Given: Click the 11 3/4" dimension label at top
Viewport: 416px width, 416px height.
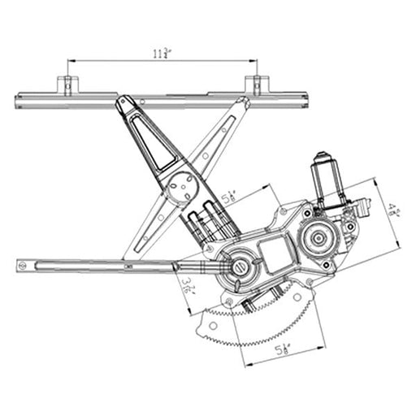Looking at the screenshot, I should point(161,54).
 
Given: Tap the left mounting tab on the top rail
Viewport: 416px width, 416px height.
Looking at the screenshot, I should point(66,85).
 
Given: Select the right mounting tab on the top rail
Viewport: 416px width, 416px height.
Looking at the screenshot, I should point(255,85).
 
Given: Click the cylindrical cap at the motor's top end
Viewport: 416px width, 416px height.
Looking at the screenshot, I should point(323,158).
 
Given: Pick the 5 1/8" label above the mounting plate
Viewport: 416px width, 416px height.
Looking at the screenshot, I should point(230,194).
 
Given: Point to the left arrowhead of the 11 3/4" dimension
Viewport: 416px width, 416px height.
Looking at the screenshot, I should point(70,61).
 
